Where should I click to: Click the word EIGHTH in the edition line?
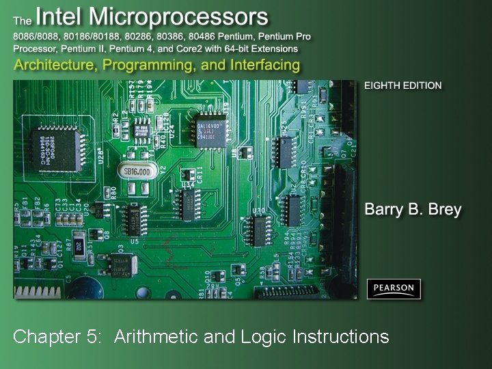coord(382,86)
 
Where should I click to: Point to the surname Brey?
coord(442,209)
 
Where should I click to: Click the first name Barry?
coord(387,209)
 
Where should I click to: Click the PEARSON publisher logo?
coord(394,288)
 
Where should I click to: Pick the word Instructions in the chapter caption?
coord(340,336)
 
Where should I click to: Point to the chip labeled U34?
coord(187,200)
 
